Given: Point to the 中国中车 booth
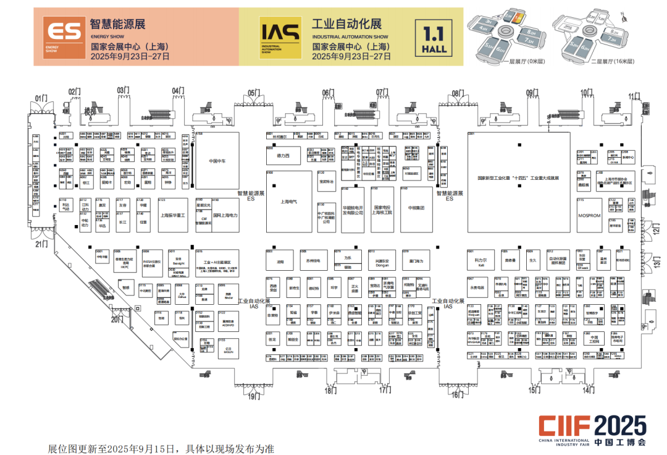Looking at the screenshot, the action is point(217,160).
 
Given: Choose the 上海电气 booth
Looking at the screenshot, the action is point(289,201).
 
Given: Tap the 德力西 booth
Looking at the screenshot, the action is point(283,156).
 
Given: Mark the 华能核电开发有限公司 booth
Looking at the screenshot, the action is point(353,210).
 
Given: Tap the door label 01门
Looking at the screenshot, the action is point(41,98).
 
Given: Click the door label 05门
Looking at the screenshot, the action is point(254,93).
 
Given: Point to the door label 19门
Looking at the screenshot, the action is point(254,395).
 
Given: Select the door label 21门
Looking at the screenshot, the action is point(41,244).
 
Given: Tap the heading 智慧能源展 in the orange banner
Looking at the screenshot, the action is point(117,24).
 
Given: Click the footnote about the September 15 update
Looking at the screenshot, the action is point(161,448).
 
